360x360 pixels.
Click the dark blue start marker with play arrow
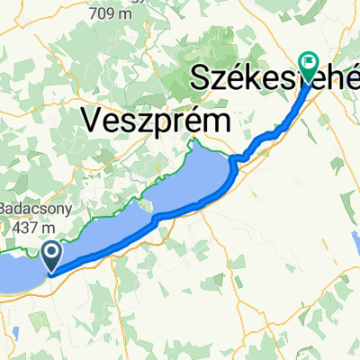[52, 256]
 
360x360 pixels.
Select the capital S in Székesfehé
[202, 79]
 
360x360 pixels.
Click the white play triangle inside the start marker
[52, 253]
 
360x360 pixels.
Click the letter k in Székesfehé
[253, 79]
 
